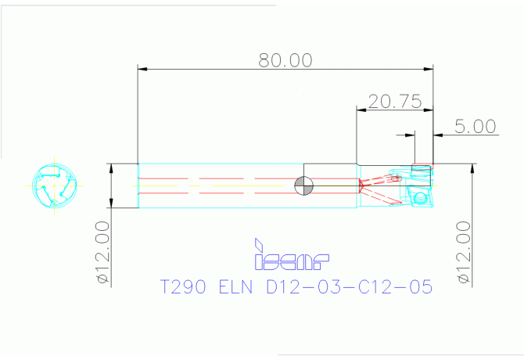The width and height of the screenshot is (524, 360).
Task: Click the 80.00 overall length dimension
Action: coord(285,60)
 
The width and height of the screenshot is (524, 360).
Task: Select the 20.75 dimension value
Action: coord(395,101)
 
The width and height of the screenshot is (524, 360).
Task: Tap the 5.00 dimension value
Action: coord(475,126)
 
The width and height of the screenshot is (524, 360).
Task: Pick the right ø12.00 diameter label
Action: coord(465,252)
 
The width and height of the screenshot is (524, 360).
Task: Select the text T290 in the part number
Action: coord(183,286)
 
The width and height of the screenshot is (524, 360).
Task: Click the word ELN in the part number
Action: coord(235,286)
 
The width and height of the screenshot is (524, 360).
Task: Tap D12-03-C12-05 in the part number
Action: coord(350,286)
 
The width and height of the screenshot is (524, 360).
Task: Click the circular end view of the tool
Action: coord(55,185)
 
